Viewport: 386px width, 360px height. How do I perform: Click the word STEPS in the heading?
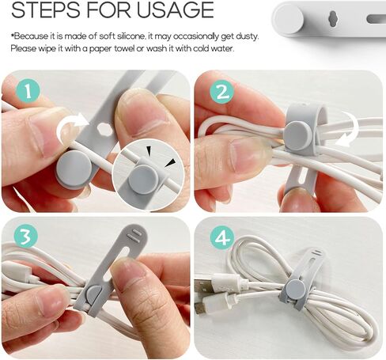tap(46, 9)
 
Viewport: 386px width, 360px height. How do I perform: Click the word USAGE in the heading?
tap(175, 9)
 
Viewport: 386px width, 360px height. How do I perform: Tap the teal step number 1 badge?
tap(28, 91)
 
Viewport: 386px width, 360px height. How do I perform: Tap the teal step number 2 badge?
tap(222, 92)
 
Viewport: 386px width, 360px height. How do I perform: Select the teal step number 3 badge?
tap(25, 236)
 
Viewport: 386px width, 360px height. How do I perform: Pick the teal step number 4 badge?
tap(222, 238)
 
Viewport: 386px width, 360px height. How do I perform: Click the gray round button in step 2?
tap(298, 136)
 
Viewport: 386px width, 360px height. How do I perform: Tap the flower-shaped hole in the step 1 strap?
tap(104, 128)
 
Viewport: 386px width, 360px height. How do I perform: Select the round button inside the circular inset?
tap(144, 180)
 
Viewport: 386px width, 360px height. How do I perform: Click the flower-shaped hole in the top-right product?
tap(333, 18)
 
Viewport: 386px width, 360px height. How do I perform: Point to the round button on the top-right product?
tap(289, 19)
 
